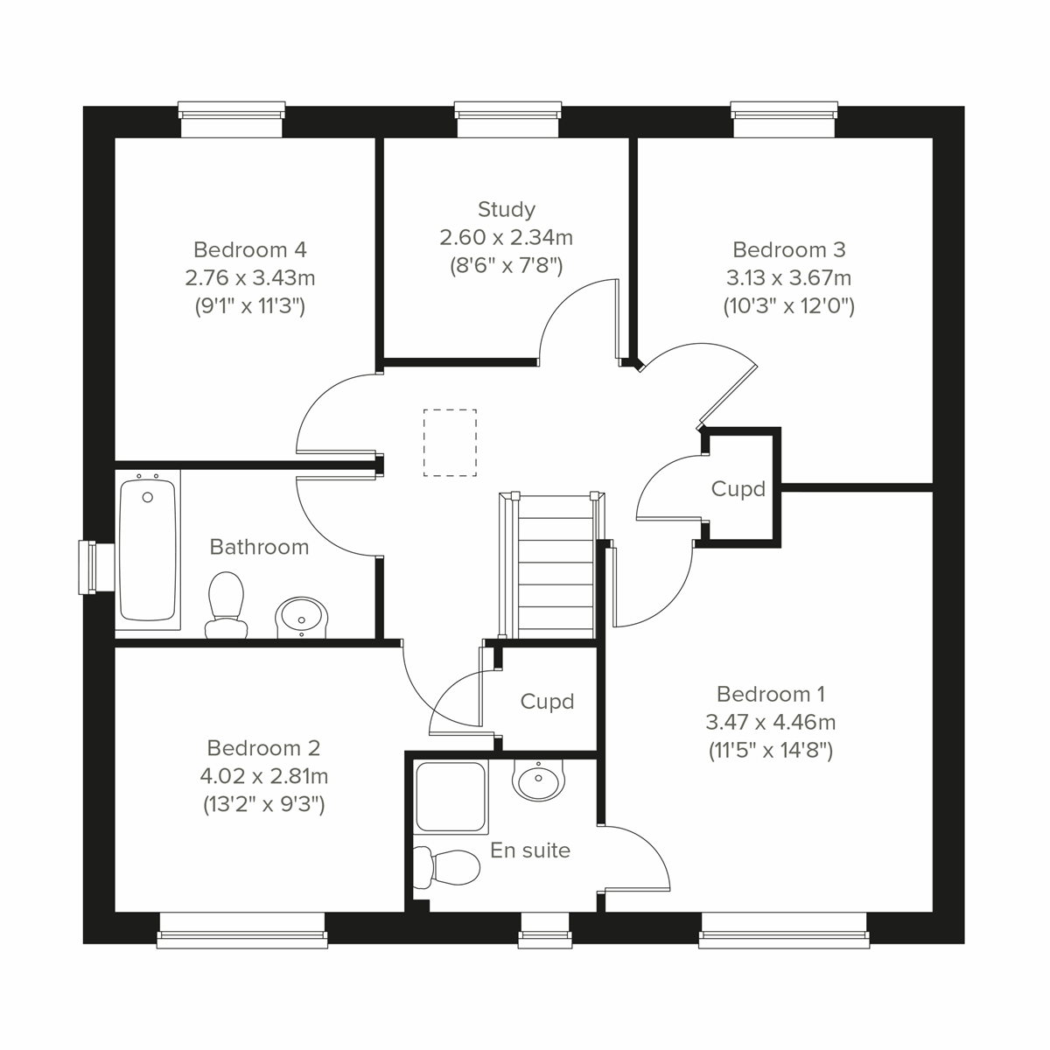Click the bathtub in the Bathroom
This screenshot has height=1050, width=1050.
148,551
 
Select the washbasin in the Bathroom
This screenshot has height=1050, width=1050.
301,617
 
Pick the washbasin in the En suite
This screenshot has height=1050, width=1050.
538,779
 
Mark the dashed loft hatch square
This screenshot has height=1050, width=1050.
451,443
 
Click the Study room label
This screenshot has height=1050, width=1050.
507,209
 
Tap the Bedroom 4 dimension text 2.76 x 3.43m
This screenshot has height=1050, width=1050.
250,278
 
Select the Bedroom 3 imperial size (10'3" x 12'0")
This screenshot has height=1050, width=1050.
788,306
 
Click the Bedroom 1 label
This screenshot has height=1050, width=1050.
770,694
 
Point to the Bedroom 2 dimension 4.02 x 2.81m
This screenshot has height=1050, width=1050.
263,776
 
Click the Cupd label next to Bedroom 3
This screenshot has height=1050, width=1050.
738,489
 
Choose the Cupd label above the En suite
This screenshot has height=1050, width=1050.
547,702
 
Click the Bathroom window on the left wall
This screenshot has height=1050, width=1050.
89,566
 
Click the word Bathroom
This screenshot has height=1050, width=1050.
259,547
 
